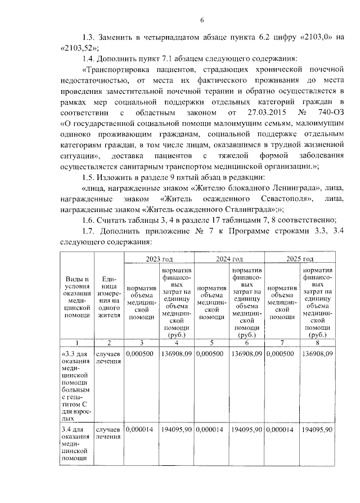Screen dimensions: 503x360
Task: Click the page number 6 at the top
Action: (201, 21)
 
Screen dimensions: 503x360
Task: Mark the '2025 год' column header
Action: (300, 258)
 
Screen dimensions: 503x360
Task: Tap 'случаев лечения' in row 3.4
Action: (109, 433)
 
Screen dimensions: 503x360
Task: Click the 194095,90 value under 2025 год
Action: (317, 430)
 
